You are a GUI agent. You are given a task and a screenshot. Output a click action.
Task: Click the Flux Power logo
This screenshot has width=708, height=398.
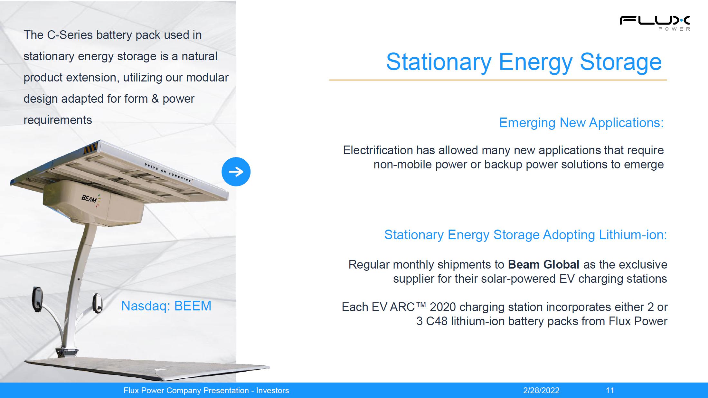tap(655, 23)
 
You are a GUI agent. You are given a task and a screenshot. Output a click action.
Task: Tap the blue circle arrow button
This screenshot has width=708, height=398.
tap(236, 172)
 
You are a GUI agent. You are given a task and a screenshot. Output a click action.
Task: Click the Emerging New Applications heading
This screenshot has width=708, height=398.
tap(581, 123)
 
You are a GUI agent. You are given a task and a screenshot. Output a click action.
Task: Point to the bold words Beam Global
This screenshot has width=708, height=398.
tap(543, 264)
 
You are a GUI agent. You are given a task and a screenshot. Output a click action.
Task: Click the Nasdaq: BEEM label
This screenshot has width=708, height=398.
tap(166, 306)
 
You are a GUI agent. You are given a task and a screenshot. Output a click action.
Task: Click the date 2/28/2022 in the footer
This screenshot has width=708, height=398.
tap(541, 390)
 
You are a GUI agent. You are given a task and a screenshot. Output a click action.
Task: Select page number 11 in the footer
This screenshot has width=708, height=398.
tap(610, 390)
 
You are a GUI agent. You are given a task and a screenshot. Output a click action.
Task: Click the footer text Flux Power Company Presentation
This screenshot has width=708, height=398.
tap(186, 390)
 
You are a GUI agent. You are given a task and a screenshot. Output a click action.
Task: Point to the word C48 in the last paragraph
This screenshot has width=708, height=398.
tap(437, 321)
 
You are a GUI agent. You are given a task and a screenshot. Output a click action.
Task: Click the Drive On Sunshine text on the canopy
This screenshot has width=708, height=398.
tap(168, 173)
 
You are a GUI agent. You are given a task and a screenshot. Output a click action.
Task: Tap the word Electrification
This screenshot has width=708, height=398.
tap(378, 150)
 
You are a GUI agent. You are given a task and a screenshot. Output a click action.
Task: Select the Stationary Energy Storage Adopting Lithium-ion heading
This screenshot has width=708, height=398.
tap(525, 235)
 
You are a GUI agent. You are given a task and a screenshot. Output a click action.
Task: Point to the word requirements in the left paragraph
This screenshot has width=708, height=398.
tap(58, 120)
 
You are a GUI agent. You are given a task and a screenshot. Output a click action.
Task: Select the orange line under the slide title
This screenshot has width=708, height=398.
tap(498, 80)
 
